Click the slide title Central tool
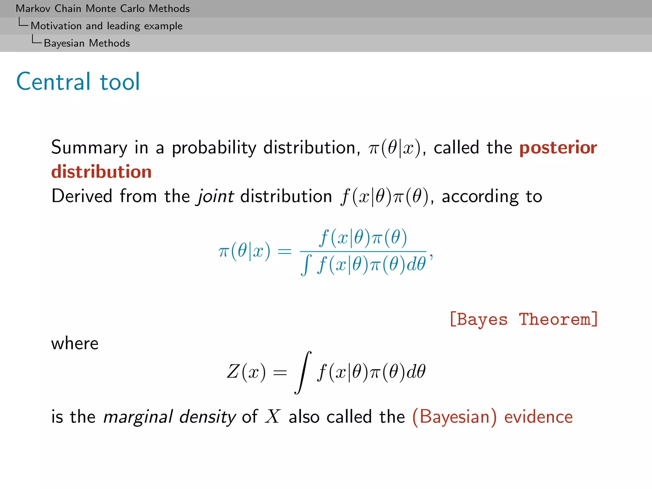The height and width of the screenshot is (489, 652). pos(78,82)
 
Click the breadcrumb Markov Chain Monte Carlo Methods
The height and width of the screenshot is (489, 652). pos(103,9)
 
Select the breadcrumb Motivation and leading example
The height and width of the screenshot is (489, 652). pos(107,26)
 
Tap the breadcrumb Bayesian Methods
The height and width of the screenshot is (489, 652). pos(87,43)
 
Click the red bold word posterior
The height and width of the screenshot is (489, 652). pos(558,148)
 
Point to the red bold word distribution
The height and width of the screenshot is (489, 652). pos(101,172)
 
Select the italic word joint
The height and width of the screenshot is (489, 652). pos(216,196)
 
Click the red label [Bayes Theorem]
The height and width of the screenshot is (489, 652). pos(523,319)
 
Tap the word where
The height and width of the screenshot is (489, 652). pos(75,344)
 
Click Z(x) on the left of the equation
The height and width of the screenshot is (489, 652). pos(246,372)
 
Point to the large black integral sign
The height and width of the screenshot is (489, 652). pos(303,372)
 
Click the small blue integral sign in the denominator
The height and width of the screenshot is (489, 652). pos(306,265)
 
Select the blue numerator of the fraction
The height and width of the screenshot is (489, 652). pos(363,238)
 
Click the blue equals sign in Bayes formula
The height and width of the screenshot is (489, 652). pos(284,252)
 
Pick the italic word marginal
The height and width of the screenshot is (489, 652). pos(138,417)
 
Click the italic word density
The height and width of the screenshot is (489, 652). pos(207,417)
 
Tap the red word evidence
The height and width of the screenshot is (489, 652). pos(538,417)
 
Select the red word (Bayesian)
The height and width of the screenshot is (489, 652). pos(454,417)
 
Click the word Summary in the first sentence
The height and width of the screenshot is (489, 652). pos(89,148)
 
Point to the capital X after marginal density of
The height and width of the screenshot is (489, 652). pos(273,416)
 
